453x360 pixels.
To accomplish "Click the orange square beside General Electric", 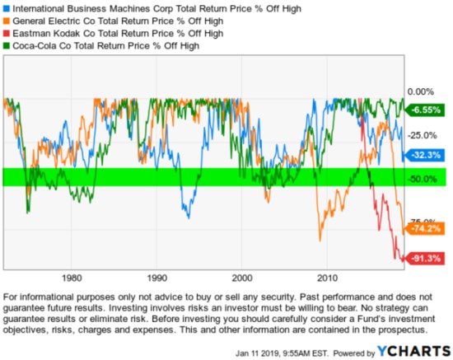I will pos(6,21).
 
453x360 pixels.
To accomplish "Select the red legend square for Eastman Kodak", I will pos(6,34).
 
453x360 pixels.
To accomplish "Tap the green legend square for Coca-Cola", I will pos(6,46).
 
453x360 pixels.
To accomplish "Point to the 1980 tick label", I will pos(72,278).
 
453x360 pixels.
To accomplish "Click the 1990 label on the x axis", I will pos(157,278).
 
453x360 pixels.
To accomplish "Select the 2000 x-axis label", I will pos(243,278).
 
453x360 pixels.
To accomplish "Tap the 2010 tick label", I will pos(328,278).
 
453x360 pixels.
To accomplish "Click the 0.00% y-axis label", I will pos(422,92).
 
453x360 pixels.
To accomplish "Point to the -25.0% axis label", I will pos(423,135).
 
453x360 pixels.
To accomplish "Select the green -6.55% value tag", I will pos(423,108).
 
